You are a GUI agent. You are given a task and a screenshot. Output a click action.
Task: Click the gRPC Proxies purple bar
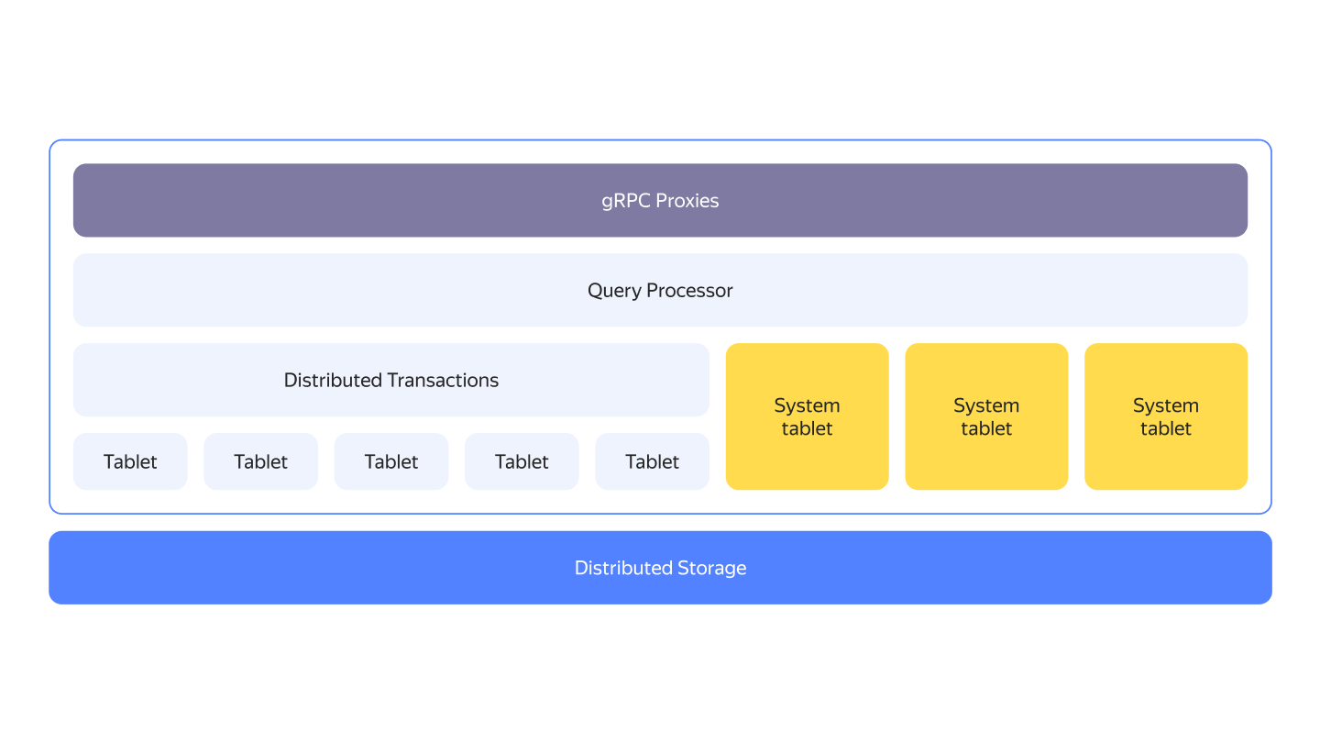[x=660, y=201]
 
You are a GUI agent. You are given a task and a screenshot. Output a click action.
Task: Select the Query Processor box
[x=660, y=290]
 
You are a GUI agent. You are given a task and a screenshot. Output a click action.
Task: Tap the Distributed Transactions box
[x=391, y=380]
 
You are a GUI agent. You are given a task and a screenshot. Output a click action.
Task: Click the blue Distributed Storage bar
[x=660, y=567]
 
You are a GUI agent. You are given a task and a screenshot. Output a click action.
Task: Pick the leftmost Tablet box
[x=130, y=461]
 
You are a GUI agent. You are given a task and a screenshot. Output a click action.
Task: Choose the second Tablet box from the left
[x=260, y=461]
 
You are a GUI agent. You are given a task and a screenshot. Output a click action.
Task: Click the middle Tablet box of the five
[x=391, y=461]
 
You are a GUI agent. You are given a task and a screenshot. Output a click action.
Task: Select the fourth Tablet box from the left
[x=522, y=461]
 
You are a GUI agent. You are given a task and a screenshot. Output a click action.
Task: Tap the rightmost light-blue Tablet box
[x=653, y=461]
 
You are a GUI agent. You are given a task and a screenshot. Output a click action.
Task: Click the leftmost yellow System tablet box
[x=808, y=416]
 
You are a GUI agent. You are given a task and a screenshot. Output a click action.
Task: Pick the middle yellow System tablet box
[x=986, y=416]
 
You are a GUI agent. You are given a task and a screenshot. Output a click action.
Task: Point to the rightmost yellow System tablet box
[x=1166, y=416]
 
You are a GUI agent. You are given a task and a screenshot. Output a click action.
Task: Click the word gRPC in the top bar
[x=626, y=202]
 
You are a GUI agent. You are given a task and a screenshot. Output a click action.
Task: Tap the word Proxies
[x=687, y=201]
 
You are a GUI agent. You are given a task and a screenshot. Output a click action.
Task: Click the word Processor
[x=689, y=290]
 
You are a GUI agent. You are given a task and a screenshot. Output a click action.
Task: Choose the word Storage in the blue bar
[x=712, y=568]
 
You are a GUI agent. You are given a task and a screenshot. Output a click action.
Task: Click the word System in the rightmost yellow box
[x=1166, y=406]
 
